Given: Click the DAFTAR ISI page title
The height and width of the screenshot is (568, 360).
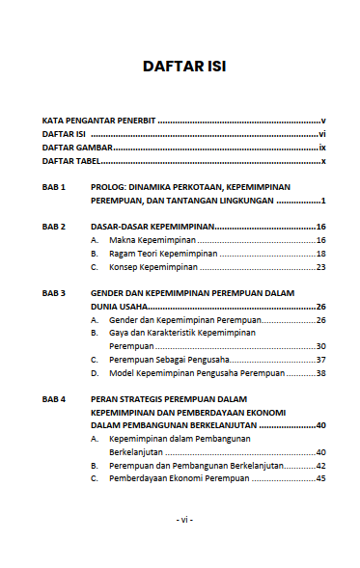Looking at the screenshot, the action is (x=184, y=68).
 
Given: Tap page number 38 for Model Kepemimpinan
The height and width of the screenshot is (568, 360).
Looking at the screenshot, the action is (x=320, y=372).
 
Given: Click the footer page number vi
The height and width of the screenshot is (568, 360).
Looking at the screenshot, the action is (x=184, y=519).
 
